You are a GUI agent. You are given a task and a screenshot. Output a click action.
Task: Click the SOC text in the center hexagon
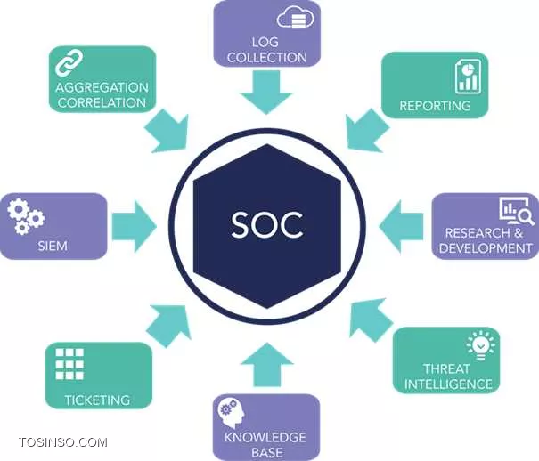(267, 224)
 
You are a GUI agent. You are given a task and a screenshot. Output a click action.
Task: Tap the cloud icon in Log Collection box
(296, 17)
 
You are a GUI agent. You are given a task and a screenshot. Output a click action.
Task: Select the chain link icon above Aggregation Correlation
(69, 62)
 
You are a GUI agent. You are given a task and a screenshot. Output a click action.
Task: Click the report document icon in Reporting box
(468, 77)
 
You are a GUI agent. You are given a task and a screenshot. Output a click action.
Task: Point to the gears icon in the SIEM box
(26, 216)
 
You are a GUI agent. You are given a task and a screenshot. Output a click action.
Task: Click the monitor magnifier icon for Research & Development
(517, 211)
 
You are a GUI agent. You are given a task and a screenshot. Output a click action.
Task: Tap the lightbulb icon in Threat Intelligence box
(481, 345)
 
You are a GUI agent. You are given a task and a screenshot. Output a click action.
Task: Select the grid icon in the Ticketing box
(69, 364)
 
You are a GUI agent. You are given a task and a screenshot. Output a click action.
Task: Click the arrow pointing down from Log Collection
(266, 92)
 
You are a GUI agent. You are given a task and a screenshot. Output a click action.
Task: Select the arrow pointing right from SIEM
(135, 226)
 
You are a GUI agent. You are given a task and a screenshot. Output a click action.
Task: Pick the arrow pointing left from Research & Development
(401, 227)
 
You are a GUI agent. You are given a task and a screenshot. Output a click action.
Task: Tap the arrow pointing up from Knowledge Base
(267, 365)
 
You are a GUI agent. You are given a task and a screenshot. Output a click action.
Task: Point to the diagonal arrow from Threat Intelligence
(370, 319)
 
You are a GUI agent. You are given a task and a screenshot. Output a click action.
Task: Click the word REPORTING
(435, 105)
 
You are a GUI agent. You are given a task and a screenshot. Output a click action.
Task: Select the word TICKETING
(97, 400)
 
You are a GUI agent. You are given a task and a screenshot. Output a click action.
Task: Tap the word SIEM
(53, 246)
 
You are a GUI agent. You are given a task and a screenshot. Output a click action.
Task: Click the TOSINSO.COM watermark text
(63, 442)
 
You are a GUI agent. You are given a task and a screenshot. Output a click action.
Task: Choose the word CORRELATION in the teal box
(102, 102)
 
